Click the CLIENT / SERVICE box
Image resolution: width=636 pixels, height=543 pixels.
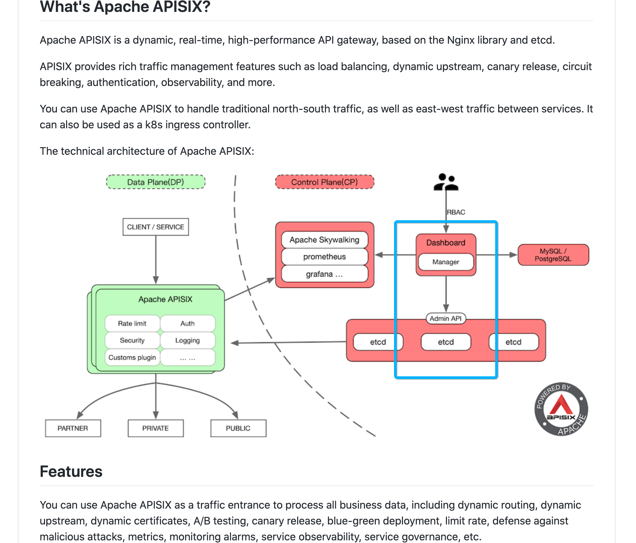[x=155, y=227]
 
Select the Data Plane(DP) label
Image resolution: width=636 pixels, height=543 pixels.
[x=155, y=182]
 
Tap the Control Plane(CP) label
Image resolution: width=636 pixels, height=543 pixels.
[x=324, y=182]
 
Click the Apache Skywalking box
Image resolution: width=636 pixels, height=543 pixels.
[x=324, y=240]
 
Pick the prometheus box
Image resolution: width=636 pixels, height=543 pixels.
[x=324, y=257]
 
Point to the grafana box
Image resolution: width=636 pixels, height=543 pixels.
[x=324, y=274]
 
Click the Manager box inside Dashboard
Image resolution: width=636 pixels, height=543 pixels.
[x=446, y=262]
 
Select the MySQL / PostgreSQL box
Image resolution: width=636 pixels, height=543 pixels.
[x=553, y=255]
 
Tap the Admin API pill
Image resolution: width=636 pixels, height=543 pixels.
[x=446, y=318]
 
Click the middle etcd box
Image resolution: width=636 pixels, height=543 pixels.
[x=446, y=342]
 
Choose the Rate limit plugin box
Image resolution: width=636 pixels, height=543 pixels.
[x=132, y=323]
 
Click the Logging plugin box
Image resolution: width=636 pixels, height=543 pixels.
[x=187, y=340]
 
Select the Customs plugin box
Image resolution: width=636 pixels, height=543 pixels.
[x=132, y=357]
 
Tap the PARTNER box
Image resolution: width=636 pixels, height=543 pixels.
[x=73, y=428]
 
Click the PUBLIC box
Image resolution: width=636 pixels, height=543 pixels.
[x=238, y=428]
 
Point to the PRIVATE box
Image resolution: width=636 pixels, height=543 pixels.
[x=155, y=428]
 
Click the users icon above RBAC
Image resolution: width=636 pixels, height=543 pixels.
[x=446, y=182]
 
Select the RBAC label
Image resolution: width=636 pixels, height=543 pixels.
[x=456, y=212]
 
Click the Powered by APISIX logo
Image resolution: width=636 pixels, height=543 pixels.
[x=561, y=409]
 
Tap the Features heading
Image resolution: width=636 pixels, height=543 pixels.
[x=71, y=472]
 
